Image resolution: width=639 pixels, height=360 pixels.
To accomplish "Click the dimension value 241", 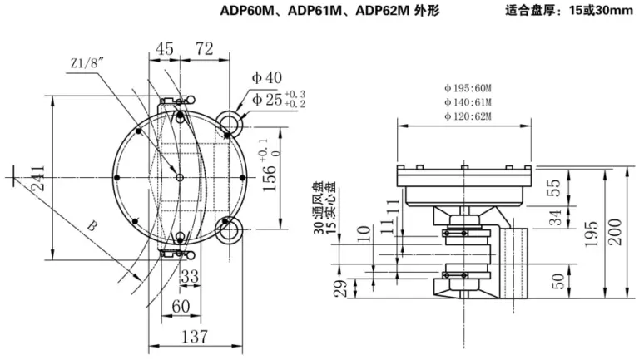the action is coord(38,178).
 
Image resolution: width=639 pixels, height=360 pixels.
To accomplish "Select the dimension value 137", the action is coord(194,337).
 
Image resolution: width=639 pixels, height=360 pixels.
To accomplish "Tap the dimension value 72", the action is coord(204,49).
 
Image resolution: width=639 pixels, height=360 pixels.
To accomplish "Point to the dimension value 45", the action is coord(165,49).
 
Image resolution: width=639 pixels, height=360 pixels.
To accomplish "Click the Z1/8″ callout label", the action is coord(87,63).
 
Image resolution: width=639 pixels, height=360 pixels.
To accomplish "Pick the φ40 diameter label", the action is coord(267,77).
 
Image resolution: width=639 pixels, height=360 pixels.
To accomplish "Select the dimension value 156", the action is coord(269,178).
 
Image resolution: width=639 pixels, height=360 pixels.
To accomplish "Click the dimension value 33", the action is coord(190,277).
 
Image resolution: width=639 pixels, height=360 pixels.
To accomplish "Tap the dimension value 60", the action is coord(181,306).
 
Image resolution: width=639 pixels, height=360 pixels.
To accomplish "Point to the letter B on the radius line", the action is coord(92,225).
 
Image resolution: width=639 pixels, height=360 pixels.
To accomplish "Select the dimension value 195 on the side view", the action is coord(591,234).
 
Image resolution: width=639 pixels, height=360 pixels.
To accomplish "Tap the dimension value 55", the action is coord(556,188).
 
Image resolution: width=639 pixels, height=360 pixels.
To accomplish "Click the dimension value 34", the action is coord(556,218).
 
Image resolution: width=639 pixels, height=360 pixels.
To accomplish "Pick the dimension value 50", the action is coord(557,281).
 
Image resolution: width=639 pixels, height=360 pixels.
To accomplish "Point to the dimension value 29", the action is coord(340,288).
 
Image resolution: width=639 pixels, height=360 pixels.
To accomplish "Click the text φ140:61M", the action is coord(468,102).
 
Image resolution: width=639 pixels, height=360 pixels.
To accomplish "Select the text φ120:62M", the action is coord(468,116).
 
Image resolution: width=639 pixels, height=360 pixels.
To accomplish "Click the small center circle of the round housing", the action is coord(180,178).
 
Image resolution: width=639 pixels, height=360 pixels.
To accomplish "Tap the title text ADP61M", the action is coord(315,11).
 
